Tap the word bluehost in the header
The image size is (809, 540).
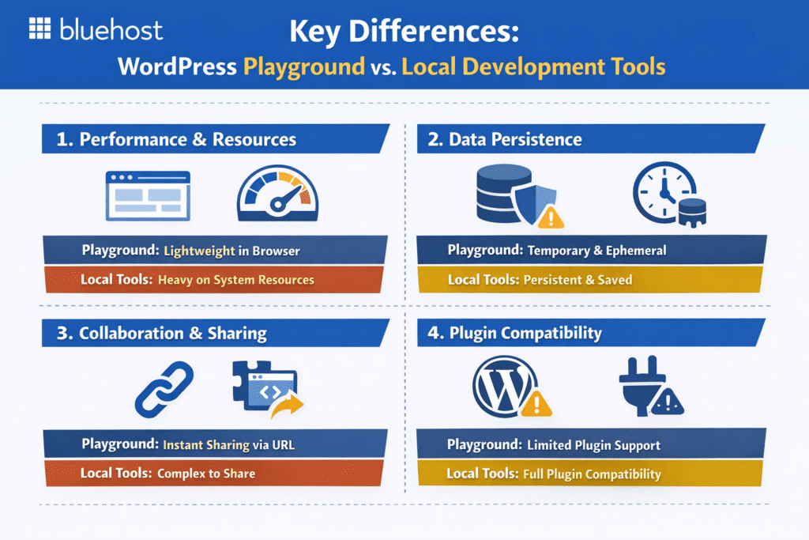click(111, 29)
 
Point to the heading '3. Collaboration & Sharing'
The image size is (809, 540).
click(173, 334)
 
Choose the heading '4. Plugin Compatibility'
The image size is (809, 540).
click(525, 333)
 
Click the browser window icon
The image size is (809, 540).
click(148, 194)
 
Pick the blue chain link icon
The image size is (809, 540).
click(166, 389)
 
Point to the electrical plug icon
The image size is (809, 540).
click(644, 387)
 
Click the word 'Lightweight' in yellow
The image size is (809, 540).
click(200, 251)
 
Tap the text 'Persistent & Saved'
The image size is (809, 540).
click(578, 279)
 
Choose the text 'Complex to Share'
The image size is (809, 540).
click(206, 474)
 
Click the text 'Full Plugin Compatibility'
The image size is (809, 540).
click(592, 474)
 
